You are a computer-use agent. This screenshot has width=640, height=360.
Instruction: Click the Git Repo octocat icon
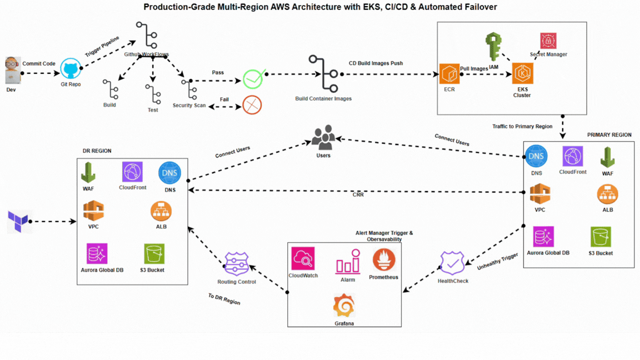(x=71, y=69)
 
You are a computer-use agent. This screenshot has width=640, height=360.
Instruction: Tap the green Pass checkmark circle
(x=253, y=79)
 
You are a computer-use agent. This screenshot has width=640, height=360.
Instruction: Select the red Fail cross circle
(x=252, y=104)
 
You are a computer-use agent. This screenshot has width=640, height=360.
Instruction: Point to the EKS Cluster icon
(x=522, y=73)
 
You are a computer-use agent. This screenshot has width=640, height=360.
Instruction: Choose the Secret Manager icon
(x=548, y=41)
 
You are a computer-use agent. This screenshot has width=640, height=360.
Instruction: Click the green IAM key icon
(x=493, y=47)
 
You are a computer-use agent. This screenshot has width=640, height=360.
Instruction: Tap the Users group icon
(x=323, y=138)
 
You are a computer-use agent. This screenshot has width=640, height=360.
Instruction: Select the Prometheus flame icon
(x=383, y=260)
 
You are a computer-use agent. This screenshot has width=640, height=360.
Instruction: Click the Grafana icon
(x=344, y=306)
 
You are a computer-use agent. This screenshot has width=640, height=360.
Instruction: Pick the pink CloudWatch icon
(x=303, y=258)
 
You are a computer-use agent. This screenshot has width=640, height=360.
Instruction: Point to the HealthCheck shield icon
(x=452, y=263)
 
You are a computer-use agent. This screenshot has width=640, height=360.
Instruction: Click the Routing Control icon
(x=237, y=264)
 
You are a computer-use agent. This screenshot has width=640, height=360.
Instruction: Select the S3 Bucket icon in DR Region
(x=154, y=254)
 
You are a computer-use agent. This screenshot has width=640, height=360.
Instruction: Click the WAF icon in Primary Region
(x=607, y=157)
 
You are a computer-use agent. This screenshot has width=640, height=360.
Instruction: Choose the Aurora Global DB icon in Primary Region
(x=543, y=237)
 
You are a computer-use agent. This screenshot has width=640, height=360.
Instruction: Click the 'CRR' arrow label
(x=358, y=195)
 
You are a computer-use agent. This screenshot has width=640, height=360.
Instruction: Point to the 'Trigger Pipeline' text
(x=102, y=46)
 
